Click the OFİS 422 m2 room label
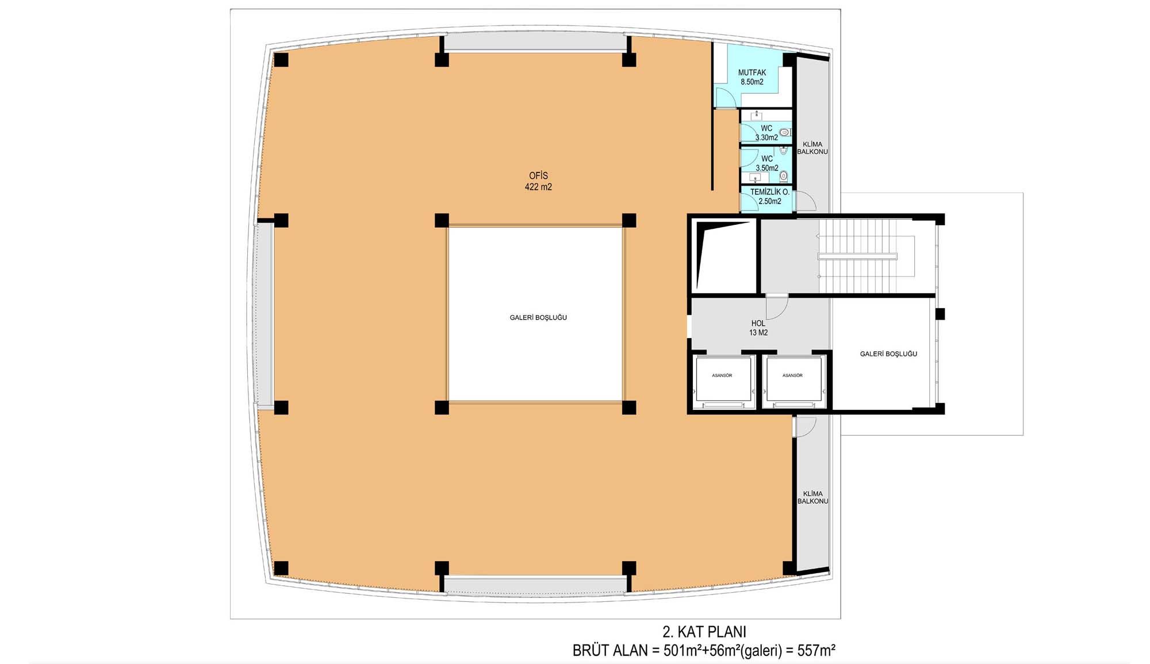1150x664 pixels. point(538,181)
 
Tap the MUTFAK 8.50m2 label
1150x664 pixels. point(752,77)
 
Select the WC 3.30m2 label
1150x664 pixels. point(766,133)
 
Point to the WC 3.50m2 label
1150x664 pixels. point(767,163)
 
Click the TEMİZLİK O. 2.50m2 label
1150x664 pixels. point(770,197)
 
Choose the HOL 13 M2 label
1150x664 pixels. point(758,328)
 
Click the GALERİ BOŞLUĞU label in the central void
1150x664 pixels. point(538,317)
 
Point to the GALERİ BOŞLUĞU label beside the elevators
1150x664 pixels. point(888,354)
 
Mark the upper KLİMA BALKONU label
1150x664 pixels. point(812,148)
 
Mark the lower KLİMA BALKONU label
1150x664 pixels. point(812,497)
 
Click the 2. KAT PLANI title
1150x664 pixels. point(704,632)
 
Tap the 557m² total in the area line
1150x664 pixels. point(816,651)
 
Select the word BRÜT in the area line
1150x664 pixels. point(591,651)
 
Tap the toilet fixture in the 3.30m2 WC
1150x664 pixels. point(784,133)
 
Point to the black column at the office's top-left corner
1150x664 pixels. point(281,60)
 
